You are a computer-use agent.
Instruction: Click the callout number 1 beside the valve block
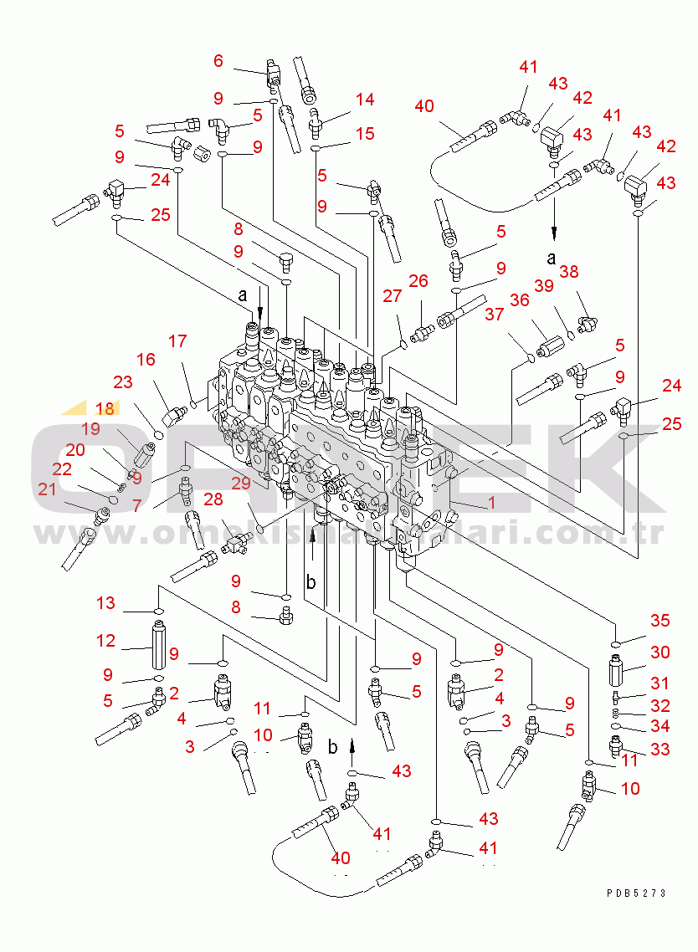click(492, 504)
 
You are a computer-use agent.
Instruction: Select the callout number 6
click(218, 60)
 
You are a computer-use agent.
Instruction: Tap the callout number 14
click(364, 100)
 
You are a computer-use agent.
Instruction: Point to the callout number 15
click(364, 133)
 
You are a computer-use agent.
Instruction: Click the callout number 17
click(177, 341)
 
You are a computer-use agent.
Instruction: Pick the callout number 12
click(105, 641)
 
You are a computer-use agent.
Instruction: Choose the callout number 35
click(660, 620)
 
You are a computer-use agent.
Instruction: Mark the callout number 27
click(393, 295)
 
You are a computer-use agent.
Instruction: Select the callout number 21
click(47, 489)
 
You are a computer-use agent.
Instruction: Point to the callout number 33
click(660, 749)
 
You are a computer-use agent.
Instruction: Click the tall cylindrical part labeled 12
click(159, 648)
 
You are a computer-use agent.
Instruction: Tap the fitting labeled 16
click(177, 414)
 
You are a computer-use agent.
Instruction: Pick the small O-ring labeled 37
click(530, 360)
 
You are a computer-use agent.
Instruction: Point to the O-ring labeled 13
click(158, 612)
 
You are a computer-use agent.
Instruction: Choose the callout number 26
click(418, 281)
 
